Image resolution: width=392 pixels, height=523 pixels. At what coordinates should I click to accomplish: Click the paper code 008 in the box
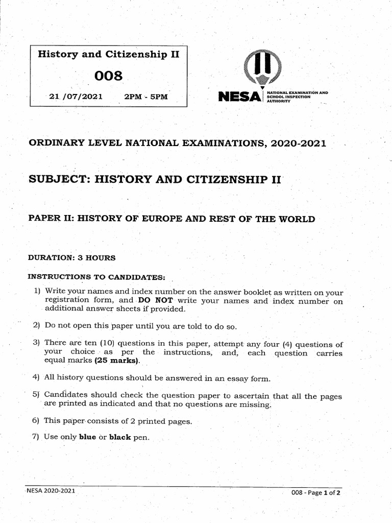[x=109, y=76]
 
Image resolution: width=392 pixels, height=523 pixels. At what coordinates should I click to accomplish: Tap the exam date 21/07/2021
[x=76, y=96]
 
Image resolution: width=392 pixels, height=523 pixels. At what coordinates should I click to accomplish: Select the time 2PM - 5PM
[x=146, y=96]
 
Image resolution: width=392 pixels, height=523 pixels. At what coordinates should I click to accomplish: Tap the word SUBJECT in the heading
[x=58, y=179]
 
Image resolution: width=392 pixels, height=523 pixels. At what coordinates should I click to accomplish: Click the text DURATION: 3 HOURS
[x=71, y=257]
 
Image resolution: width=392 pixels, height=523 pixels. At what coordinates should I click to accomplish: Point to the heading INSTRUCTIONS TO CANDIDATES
[x=96, y=276]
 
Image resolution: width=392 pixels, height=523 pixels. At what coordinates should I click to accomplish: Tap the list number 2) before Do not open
[x=36, y=325]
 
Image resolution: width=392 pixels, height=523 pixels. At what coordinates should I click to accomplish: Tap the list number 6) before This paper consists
[x=36, y=421]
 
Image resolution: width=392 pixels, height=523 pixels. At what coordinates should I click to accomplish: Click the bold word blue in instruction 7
[x=87, y=437]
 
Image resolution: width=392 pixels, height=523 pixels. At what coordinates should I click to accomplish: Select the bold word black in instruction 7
[x=120, y=437]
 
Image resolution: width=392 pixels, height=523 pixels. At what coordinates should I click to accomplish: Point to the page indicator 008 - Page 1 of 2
[x=315, y=493]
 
